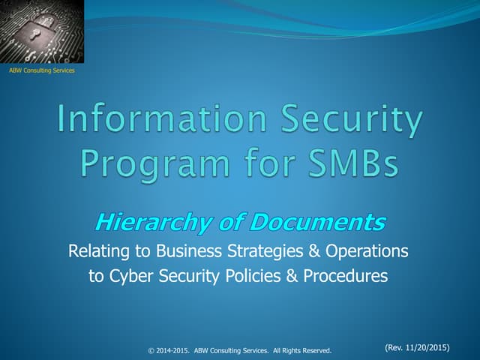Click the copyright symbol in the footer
click(x=151, y=350)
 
